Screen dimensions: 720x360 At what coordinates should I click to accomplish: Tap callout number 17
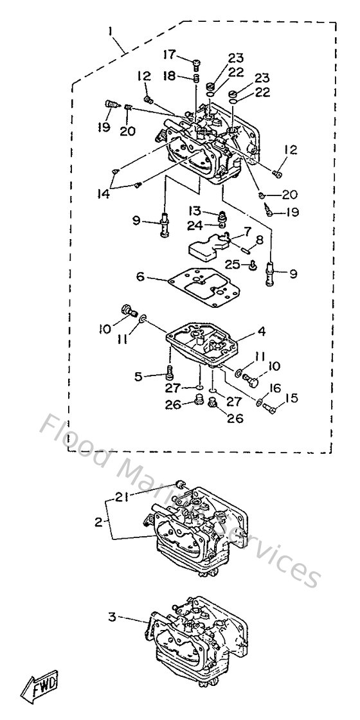[170, 54]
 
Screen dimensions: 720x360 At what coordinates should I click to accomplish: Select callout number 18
[170, 76]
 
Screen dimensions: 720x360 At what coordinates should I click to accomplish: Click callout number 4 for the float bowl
[262, 332]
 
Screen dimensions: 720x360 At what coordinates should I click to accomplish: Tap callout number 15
[292, 399]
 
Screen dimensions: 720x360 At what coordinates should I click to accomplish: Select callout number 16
[275, 388]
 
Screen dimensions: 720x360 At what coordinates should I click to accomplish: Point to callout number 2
[98, 522]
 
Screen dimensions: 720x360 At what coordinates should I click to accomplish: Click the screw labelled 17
[195, 62]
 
